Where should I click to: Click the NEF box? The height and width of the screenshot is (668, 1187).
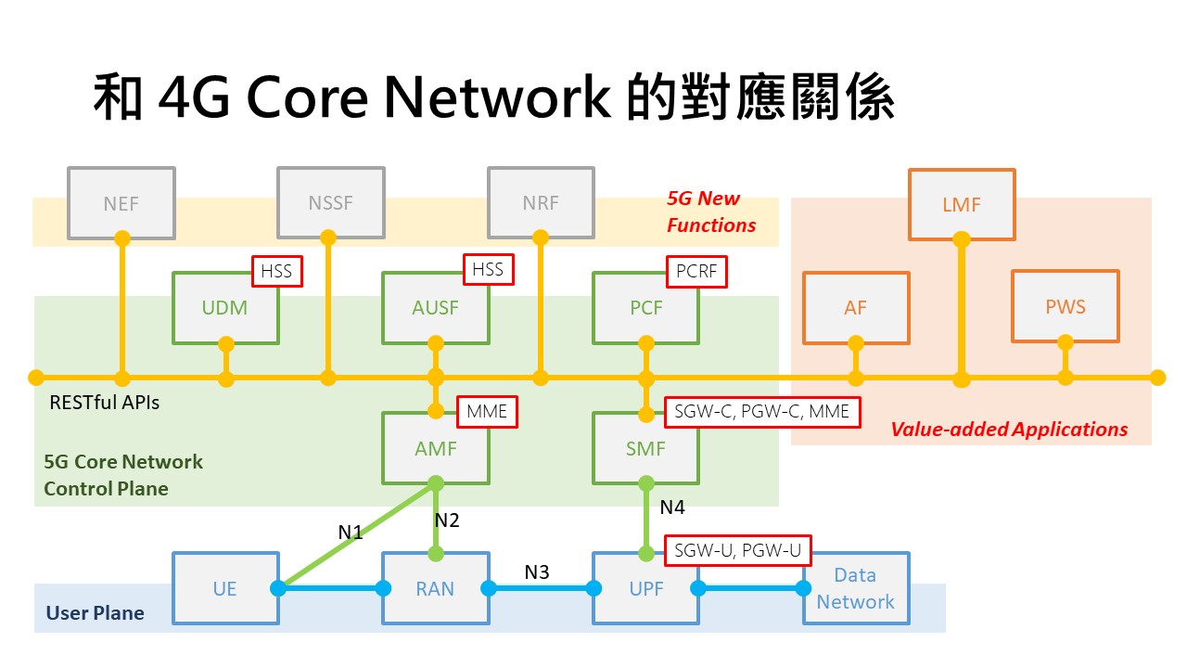pyautogui.click(x=121, y=202)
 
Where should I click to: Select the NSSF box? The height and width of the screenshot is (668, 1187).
pyautogui.click(x=331, y=202)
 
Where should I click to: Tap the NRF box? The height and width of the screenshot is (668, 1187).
pyautogui.click(x=541, y=202)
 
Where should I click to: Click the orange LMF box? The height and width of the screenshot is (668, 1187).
pyautogui.click(x=962, y=204)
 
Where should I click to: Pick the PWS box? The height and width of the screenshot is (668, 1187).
pyautogui.click(x=1065, y=306)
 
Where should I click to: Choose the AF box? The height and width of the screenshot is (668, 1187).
pyautogui.click(x=855, y=308)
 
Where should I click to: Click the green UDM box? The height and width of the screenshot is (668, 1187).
pyautogui.click(x=224, y=308)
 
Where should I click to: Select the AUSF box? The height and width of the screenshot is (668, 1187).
pyautogui.click(x=435, y=308)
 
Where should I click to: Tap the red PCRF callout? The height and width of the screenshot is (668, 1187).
pyautogui.click(x=696, y=271)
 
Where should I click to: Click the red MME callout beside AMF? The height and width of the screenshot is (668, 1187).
pyautogui.click(x=487, y=411)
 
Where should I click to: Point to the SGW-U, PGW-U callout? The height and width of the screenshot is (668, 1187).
pyautogui.click(x=738, y=551)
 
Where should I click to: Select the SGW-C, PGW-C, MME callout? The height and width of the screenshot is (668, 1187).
pyautogui.click(x=762, y=411)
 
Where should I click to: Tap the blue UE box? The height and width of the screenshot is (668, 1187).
pyautogui.click(x=224, y=588)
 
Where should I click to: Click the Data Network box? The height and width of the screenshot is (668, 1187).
pyautogui.click(x=855, y=588)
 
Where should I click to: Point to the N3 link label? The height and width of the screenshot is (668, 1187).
pyautogui.click(x=537, y=572)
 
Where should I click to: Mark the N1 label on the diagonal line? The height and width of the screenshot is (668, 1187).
pyautogui.click(x=351, y=533)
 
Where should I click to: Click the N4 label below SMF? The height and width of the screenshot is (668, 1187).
pyautogui.click(x=673, y=507)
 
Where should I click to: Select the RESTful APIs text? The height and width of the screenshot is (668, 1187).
pyautogui.click(x=104, y=403)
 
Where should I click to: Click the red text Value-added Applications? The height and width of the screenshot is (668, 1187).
pyautogui.click(x=1009, y=430)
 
